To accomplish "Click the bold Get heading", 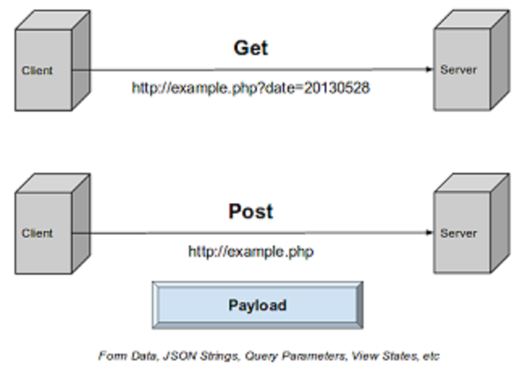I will [x=250, y=48].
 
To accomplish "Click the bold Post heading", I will [x=250, y=211].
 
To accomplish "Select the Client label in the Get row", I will [x=37, y=71].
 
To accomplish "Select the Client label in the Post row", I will [x=37, y=233].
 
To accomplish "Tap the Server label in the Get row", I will [x=458, y=69].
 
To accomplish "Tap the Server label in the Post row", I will [x=458, y=233].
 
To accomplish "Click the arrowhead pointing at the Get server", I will [x=429, y=69].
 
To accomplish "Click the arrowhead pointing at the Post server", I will [x=429, y=233].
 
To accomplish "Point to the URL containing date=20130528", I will [x=250, y=88].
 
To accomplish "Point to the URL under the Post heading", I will [x=250, y=252].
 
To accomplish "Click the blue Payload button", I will [x=257, y=305].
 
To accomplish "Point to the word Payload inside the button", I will [x=257, y=305].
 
